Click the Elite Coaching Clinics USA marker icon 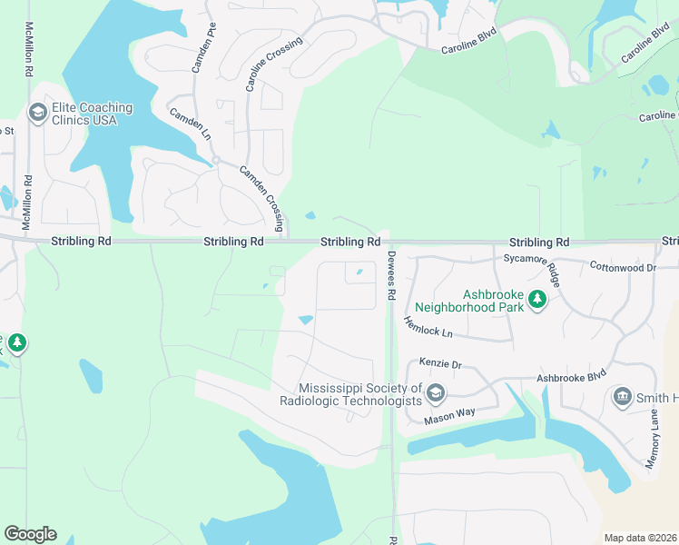pos(37,113)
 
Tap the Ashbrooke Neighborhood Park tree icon pos(536,298)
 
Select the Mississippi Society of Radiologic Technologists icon pos(435,392)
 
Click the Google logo pos(30,534)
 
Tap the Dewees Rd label pos(392,276)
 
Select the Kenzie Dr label pos(440,363)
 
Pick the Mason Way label pos(451,411)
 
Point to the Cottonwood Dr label pos(622,268)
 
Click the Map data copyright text pos(640,538)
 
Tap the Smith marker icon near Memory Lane pos(623,397)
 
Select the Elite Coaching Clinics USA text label pos(93,114)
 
